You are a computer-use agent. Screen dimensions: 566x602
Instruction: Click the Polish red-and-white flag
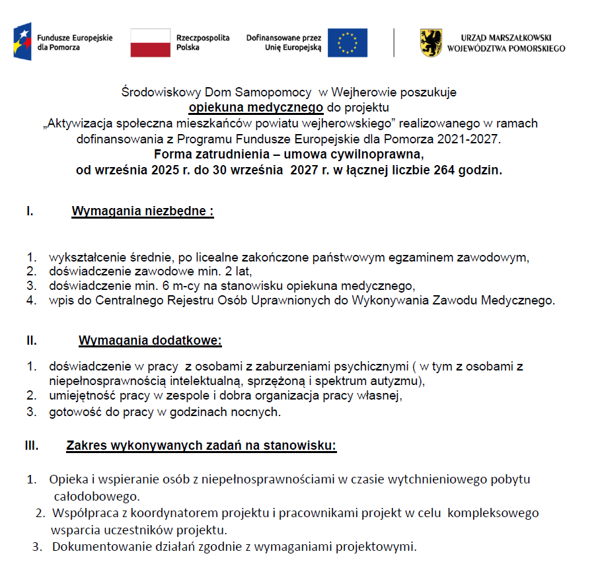tap(150, 43)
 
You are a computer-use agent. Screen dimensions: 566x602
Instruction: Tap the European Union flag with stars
tap(348, 43)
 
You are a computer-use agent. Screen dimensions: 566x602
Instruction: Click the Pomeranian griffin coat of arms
tap(432, 43)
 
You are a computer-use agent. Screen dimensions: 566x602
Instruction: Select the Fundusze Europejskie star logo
tap(22, 42)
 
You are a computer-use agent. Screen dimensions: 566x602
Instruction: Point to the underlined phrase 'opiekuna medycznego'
tap(256, 108)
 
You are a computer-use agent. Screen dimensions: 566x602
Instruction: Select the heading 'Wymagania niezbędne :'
tap(143, 212)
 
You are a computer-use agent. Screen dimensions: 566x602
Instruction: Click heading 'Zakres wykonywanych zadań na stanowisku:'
tap(202, 446)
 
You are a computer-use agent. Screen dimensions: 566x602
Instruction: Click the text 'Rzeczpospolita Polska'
tap(202, 43)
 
